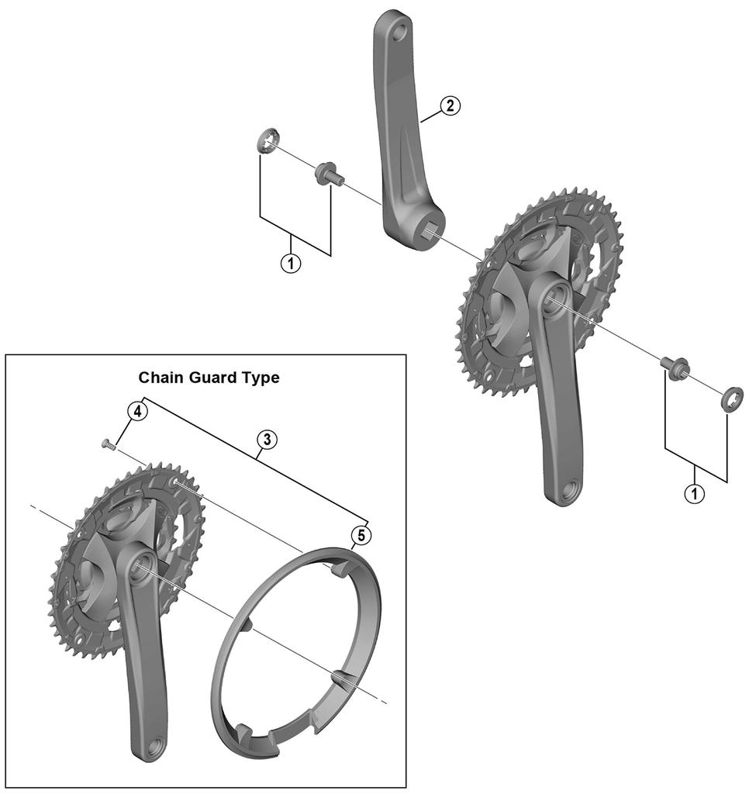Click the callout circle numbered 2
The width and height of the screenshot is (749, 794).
point(450,107)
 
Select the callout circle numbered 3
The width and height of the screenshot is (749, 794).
point(266,440)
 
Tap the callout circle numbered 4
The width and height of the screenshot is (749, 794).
point(136,411)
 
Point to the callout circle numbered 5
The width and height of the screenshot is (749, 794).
point(360,534)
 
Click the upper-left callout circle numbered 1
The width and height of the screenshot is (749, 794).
point(291,263)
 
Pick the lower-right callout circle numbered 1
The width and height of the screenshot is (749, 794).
point(695,492)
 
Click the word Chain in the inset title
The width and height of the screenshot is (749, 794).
point(159,378)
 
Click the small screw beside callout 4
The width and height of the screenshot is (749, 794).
point(108,444)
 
